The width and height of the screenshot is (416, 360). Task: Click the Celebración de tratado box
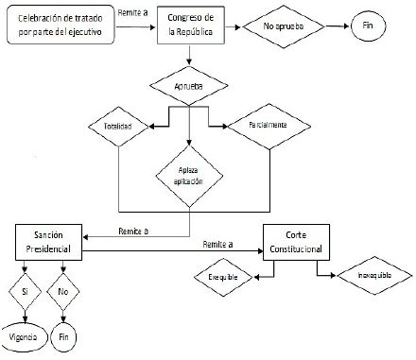coord(59,25)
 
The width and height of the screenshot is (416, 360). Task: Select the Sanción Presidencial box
coord(48,243)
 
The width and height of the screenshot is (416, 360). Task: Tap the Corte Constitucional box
coord(296,243)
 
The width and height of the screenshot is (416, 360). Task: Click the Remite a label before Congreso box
coord(132,12)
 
